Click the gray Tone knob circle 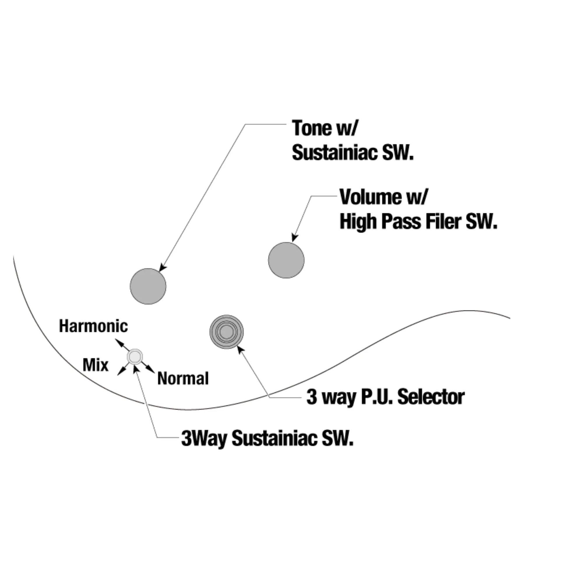tap(148, 286)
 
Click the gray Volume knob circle tap(286, 260)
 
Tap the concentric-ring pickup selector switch tap(227, 332)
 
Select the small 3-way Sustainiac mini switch tap(135, 357)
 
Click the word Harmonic tap(93, 326)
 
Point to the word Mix tap(95, 365)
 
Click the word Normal tap(183, 378)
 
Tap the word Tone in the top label tap(311, 128)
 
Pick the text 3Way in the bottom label tap(204, 439)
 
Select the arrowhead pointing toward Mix tap(120, 373)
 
